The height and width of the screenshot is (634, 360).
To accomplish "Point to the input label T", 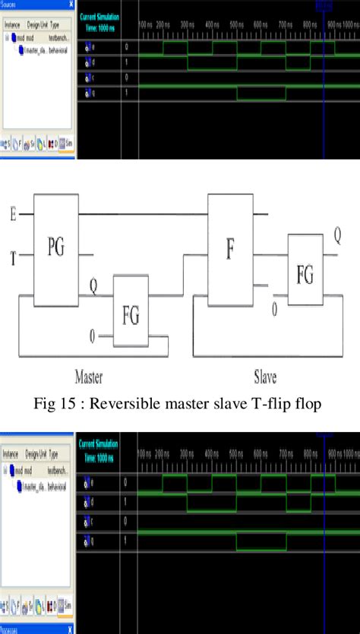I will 12,257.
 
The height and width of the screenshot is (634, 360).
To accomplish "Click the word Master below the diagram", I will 88,377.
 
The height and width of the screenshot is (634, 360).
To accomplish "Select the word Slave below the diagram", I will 265,377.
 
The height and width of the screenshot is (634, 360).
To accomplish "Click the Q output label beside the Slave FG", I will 338,235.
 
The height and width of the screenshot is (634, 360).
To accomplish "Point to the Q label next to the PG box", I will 93,287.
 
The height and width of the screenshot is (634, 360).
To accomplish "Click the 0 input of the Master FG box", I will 92,335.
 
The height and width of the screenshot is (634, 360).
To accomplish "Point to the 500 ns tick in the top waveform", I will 236,25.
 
